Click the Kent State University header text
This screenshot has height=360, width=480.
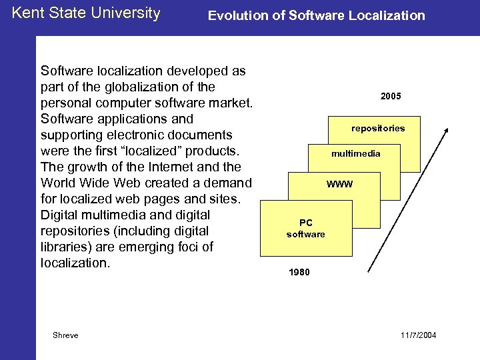click(x=86, y=13)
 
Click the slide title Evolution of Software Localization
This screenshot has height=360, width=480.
click(x=316, y=15)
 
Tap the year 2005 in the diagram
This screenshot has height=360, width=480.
click(x=391, y=97)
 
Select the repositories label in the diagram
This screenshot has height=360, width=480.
click(x=378, y=127)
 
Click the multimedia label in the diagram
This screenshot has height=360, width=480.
click(x=356, y=153)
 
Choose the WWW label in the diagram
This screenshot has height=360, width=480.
click(x=339, y=184)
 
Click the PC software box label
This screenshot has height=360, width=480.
click(x=306, y=229)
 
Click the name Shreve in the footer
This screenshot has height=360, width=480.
click(x=65, y=335)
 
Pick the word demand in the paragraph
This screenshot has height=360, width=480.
click(x=227, y=183)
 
